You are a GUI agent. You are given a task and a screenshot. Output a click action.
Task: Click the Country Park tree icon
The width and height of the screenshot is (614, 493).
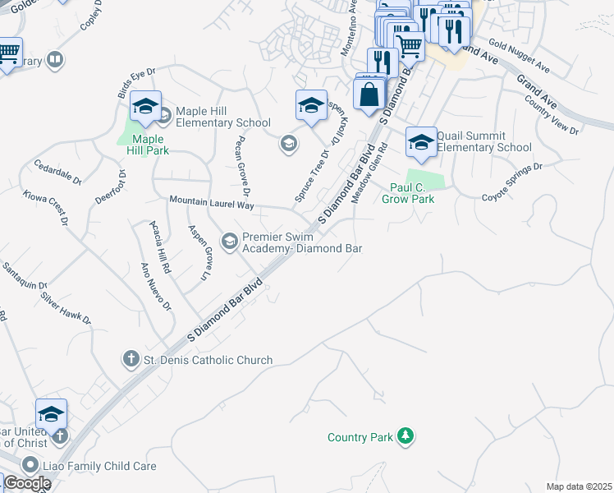405,435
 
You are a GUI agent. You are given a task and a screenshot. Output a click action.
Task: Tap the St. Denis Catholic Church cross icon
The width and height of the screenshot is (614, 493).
130,359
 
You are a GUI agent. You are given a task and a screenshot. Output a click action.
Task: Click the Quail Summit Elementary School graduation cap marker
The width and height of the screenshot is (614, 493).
421,143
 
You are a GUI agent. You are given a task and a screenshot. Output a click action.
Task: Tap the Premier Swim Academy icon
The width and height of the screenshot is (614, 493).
230,241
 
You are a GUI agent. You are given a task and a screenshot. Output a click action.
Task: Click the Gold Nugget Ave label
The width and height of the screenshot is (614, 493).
518,53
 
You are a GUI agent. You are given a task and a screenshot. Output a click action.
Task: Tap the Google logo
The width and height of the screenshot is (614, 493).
26,483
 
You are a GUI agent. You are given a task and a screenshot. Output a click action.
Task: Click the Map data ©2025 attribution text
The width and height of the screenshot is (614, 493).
579,486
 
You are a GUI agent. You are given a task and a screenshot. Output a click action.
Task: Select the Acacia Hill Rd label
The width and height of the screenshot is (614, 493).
160,246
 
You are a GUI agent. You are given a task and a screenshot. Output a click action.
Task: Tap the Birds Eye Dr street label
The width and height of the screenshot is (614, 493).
136,84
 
